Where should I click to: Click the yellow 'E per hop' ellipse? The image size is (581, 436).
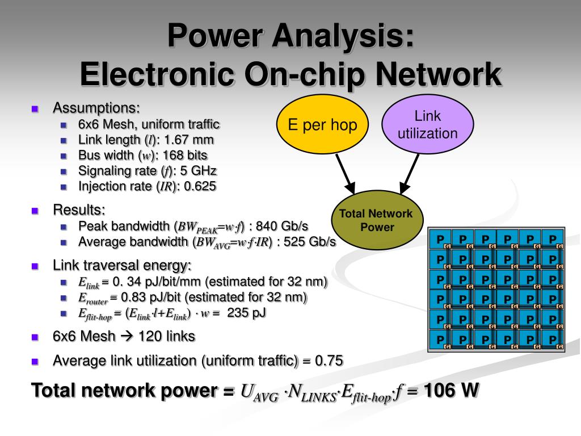[322, 124]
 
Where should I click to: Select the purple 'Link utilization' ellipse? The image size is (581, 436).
[428, 124]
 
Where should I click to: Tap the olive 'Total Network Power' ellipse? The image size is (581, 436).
[377, 220]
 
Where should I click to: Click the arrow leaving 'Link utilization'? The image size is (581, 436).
[410, 174]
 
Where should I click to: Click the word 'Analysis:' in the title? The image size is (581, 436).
[343, 36]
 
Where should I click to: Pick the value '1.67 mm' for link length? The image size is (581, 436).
[188, 140]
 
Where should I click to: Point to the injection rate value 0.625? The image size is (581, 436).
[200, 186]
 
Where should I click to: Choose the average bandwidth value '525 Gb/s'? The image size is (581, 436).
[310, 242]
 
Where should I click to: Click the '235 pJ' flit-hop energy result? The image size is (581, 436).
[246, 313]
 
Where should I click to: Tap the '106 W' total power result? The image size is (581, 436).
[451, 391]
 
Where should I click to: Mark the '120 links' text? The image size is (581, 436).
[167, 336]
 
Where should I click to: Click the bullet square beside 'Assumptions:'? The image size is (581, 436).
[35, 109]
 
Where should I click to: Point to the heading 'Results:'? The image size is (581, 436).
[79, 210]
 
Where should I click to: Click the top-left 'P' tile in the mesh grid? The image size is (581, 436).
[440, 240]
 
